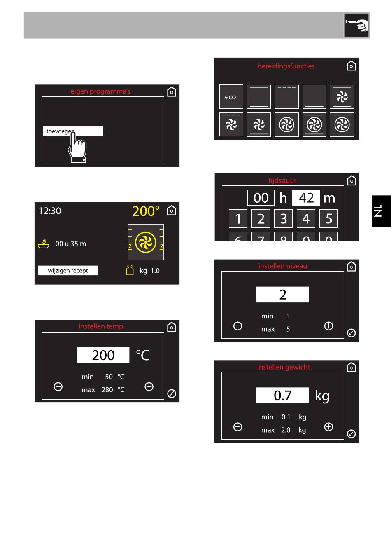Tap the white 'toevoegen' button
click(72, 131)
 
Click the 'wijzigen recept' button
click(68, 271)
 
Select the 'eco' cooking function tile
click(230, 97)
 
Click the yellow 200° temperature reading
click(146, 211)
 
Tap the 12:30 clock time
click(50, 211)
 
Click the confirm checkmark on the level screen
click(351, 333)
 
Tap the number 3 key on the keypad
click(283, 218)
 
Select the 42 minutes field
click(306, 198)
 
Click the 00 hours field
click(261, 198)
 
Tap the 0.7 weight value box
click(282, 396)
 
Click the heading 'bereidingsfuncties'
click(286, 66)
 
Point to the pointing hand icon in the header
click(356, 26)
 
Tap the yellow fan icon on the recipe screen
click(146, 242)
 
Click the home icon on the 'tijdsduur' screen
click(351, 180)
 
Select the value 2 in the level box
click(282, 295)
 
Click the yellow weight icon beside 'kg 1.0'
click(130, 270)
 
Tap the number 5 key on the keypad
click(328, 218)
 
